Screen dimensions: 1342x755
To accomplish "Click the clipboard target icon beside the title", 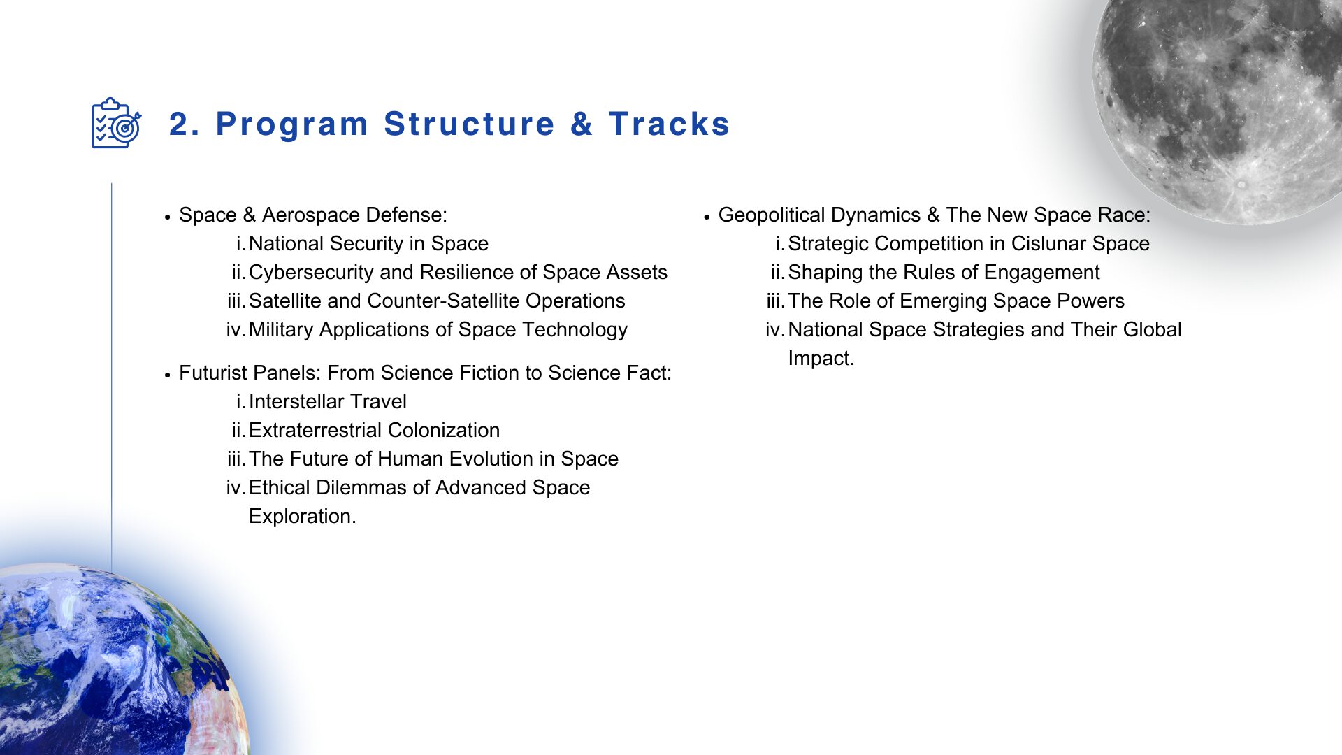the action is point(117,123).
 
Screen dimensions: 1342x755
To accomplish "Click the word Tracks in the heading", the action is point(669,124).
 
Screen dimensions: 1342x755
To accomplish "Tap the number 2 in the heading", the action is point(180,124).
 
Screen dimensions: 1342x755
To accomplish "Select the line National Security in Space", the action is point(368,243).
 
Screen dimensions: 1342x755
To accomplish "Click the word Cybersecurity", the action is point(314,272).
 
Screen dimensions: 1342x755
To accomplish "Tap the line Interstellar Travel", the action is point(327,401).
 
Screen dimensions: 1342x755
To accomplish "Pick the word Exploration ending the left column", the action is point(302,516).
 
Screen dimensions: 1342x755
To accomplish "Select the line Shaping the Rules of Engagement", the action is point(944,272).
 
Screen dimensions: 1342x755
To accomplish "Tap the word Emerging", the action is point(944,301).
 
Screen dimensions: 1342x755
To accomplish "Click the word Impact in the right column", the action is point(821,358).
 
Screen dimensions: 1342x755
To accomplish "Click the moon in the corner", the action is point(1220,105).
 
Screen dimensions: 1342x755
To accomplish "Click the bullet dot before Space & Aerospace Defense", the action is point(168,217).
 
